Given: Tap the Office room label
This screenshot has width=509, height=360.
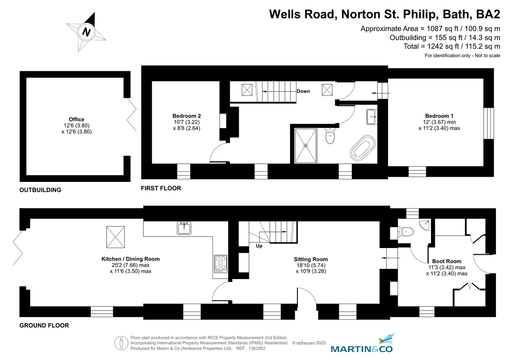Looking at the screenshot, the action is [x=77, y=120].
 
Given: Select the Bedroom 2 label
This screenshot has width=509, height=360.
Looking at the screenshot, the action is [x=187, y=116].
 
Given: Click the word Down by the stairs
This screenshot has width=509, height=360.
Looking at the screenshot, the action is [x=303, y=91].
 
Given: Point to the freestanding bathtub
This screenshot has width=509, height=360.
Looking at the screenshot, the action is [x=363, y=148].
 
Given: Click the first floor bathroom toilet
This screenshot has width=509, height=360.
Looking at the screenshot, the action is [x=330, y=136].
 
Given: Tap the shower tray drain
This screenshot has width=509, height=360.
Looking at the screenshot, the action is [x=306, y=146].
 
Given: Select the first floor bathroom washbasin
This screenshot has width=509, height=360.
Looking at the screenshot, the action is [x=372, y=117].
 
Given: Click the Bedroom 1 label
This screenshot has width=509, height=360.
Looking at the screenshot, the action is [x=439, y=116].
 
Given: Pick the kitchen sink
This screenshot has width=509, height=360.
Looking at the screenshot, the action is [x=184, y=228].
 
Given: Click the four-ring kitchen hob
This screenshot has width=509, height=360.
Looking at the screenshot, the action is [x=221, y=264].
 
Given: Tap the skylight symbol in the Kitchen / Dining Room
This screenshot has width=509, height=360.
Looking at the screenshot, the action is [x=115, y=237].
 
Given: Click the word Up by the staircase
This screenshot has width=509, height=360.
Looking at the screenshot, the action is [x=259, y=246].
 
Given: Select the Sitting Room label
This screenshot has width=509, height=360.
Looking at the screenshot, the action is [x=310, y=259].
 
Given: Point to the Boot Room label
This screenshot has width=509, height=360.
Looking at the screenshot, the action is [x=447, y=261].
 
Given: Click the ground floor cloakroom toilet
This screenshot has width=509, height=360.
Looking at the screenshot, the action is [x=406, y=232].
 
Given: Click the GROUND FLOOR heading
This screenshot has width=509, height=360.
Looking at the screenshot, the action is [x=44, y=326].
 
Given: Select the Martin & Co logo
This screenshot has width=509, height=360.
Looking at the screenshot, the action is [x=361, y=343].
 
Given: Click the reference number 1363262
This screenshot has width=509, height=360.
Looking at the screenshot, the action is [x=257, y=349].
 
